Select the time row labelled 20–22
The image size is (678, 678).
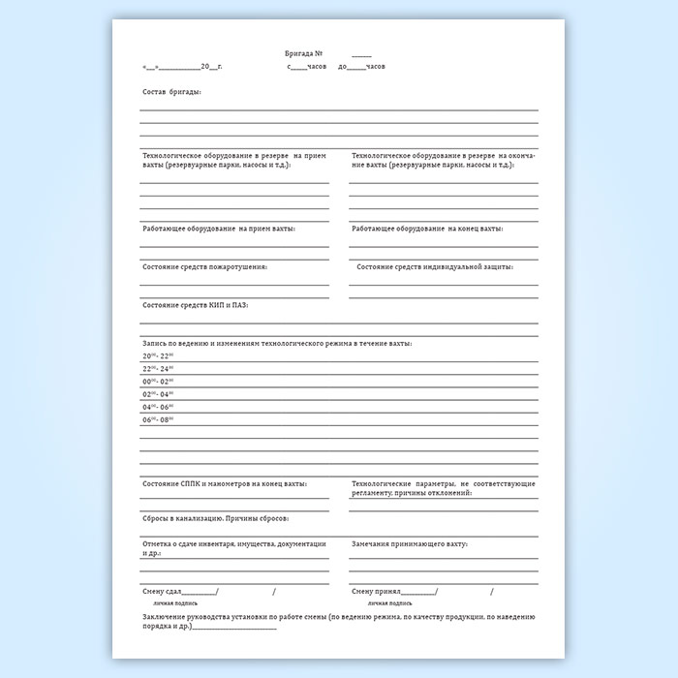click(x=157, y=356)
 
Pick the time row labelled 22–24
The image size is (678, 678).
click(x=157, y=369)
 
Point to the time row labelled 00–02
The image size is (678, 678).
click(x=157, y=382)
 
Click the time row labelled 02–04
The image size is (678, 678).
click(x=157, y=394)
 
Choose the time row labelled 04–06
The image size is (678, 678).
click(x=157, y=407)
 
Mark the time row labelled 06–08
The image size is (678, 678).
click(x=157, y=419)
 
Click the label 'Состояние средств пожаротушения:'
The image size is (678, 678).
click(x=204, y=266)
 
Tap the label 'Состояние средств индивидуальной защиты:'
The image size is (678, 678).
click(x=434, y=266)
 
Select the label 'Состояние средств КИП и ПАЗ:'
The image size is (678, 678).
click(x=195, y=305)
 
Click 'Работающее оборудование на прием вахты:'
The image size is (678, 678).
click(x=219, y=229)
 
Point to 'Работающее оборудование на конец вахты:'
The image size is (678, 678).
click(x=427, y=229)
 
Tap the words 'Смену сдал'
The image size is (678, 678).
click(x=161, y=591)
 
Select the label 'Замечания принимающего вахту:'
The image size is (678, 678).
click(x=410, y=544)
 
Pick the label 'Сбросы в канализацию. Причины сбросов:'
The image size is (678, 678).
click(x=215, y=519)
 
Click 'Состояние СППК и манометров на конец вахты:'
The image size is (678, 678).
click(x=225, y=482)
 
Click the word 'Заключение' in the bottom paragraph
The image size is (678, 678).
click(x=164, y=616)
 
